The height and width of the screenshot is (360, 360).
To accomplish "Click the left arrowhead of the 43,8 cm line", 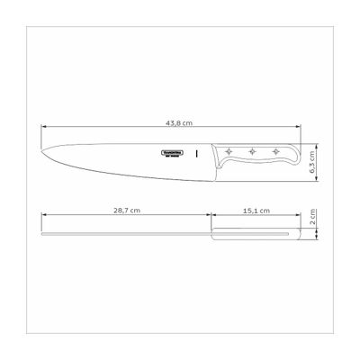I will coord(43,127).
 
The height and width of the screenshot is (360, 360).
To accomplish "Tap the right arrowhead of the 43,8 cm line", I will coord(299,127).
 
